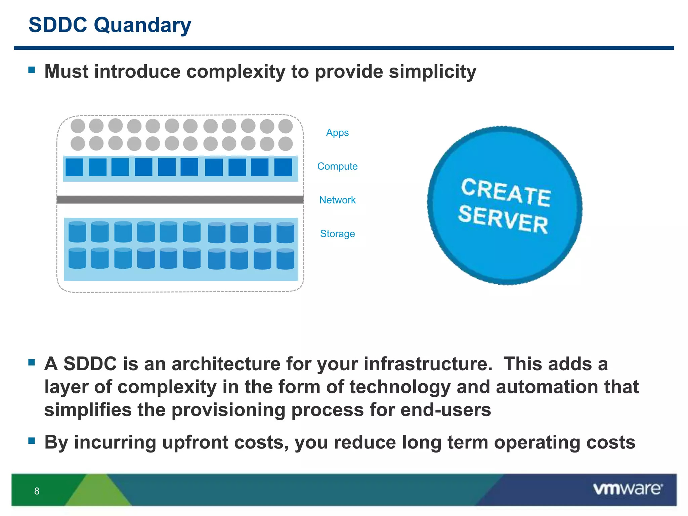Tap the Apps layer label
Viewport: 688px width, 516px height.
coord(337,133)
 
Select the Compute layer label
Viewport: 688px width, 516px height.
coord(337,166)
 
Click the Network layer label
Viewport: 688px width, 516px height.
coord(337,200)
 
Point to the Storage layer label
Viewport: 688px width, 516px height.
coord(337,233)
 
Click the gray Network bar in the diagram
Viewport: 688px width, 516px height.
coord(180,200)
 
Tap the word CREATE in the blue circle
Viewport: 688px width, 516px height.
coord(506,192)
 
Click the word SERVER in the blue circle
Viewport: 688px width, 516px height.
coord(503,220)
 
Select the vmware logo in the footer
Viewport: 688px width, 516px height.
coord(628,489)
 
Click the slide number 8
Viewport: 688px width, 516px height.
coord(37,491)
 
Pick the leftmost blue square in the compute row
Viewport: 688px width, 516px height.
coord(74,167)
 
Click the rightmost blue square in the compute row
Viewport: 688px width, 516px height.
coord(283,167)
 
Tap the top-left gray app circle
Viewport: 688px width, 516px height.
coord(78,126)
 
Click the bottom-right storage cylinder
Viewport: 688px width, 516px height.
coord(285,259)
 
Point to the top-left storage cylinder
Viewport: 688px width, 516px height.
coord(77,232)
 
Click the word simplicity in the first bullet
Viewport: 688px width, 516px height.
coord(432,72)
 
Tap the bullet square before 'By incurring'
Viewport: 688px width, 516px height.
coord(32,440)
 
